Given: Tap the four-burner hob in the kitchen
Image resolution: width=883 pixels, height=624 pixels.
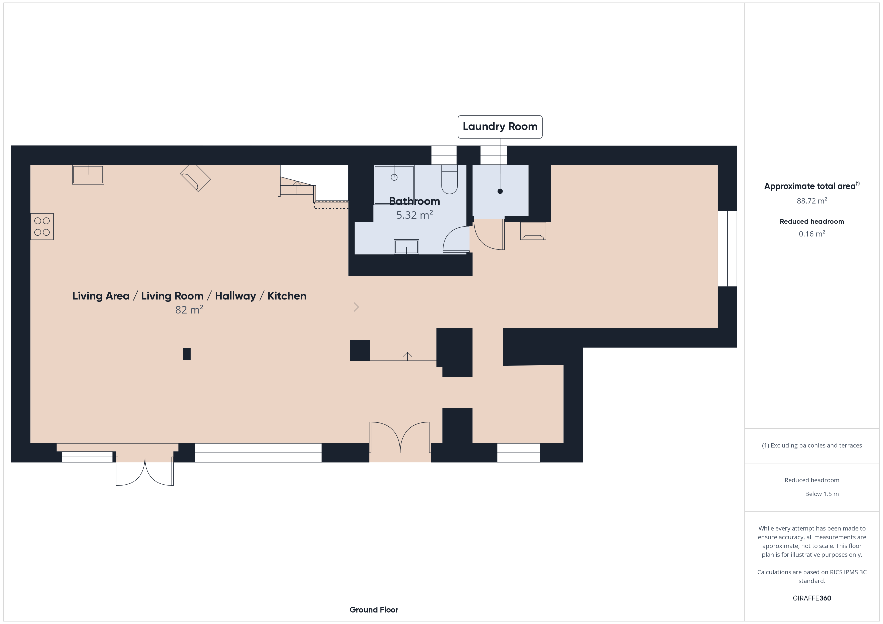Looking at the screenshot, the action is click(42, 227).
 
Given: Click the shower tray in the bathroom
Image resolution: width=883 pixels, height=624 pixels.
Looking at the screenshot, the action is click(394, 185).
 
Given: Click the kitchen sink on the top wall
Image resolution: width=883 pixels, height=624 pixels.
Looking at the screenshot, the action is click(88, 174).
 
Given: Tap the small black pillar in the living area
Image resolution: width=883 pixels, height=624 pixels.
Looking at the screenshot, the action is click(186, 354).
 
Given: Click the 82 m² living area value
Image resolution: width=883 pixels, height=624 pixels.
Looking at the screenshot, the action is click(189, 310).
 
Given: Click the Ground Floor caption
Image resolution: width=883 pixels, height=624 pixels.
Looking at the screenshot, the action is click(374, 610).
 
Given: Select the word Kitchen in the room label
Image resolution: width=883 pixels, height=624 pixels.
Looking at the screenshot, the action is click(287, 296).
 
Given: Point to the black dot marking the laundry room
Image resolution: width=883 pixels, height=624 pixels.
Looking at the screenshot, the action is click(500, 191).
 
